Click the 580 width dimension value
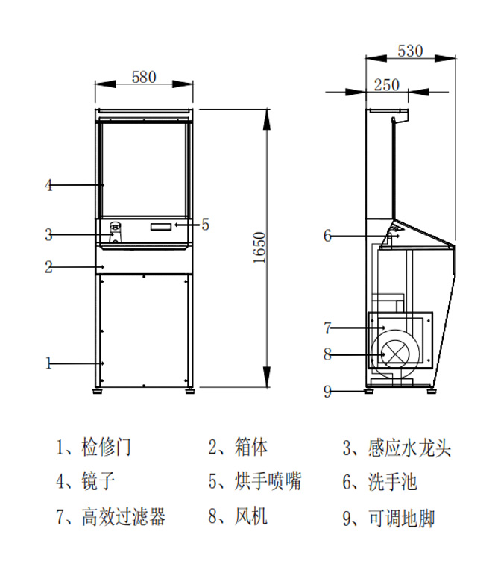[144, 76]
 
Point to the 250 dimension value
[386, 84]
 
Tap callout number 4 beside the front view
[48, 185]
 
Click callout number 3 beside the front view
[48, 235]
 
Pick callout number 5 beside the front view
[206, 223]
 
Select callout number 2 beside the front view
[48, 266]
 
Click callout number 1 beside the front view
[48, 363]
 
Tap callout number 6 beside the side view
[327, 236]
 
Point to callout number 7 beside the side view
[327, 328]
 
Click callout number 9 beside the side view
[327, 392]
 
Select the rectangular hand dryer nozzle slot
[160, 226]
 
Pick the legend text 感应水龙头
[409, 448]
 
